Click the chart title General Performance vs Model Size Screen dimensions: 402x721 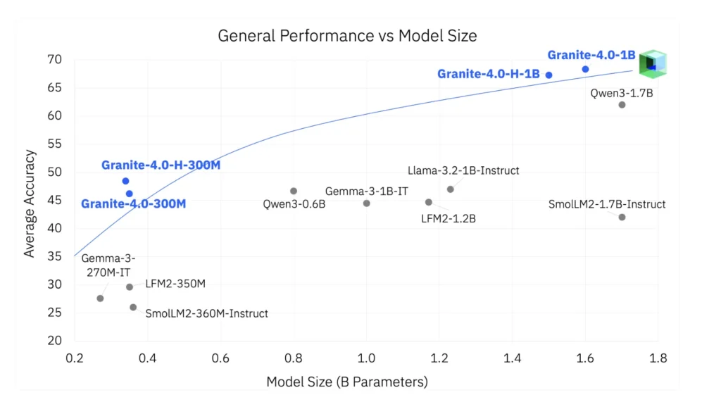[347, 36]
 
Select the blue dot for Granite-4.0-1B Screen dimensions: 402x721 [585, 69]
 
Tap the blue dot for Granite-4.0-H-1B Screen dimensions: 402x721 [549, 75]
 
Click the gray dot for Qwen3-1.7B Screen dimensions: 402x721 [622, 105]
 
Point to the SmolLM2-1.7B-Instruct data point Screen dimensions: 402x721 [622, 217]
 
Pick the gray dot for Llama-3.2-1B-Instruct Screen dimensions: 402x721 [450, 189]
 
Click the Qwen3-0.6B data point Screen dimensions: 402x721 [294, 191]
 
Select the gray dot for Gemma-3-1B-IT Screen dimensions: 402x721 [366, 203]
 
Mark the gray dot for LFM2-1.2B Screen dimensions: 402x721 [428, 202]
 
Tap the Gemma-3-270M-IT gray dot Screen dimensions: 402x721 [100, 299]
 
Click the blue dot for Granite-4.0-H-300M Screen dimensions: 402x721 [125, 181]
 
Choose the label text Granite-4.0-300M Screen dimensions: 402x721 [133, 204]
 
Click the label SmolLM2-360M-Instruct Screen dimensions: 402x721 [206, 313]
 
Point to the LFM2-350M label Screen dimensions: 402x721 [175, 284]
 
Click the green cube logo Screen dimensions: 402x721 [652, 64]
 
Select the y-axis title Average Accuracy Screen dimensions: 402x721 [30, 203]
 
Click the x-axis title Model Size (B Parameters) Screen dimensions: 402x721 [347, 382]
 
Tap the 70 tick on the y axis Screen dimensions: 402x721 [54, 59]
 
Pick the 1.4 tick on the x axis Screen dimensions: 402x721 [512, 358]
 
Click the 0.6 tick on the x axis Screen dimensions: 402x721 [220, 358]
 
